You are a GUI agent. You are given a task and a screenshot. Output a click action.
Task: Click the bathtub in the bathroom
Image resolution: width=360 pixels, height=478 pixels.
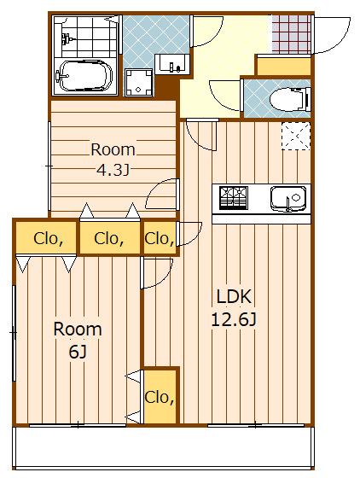tap(84, 76)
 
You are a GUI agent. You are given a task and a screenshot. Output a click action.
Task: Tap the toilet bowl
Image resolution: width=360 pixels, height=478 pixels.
tap(289, 99)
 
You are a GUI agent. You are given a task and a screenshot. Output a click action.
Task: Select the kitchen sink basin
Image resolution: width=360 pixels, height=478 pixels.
tap(287, 198)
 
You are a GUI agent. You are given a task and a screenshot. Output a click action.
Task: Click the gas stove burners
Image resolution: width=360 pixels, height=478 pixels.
tap(234, 198)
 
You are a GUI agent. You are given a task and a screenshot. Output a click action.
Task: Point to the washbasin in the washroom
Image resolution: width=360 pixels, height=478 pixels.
tap(172, 64)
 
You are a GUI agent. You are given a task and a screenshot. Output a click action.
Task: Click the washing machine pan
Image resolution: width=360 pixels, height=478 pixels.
tap(138, 83)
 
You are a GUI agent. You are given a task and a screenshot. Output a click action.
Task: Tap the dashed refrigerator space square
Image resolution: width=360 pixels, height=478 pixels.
tap(296, 136)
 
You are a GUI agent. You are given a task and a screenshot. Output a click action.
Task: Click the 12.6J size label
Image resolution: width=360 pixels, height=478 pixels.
tap(234, 320)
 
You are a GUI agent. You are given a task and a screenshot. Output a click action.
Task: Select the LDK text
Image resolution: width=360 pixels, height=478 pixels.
tap(234, 296)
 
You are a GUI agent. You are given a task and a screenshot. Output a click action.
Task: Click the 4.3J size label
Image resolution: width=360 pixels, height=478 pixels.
tap(113, 170)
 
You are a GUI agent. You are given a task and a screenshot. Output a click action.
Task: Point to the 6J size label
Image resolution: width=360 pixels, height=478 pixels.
tap(78, 352)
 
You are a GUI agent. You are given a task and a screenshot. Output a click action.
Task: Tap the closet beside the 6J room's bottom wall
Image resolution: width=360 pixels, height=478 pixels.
tap(160, 397)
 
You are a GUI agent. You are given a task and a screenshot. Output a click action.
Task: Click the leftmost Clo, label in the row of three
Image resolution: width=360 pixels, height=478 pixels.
tap(49, 239)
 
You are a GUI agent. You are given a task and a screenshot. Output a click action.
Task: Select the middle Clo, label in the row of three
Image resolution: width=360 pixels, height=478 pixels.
tap(109, 239)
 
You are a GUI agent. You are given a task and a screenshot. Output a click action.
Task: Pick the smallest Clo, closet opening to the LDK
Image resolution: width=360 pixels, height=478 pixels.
tap(160, 238)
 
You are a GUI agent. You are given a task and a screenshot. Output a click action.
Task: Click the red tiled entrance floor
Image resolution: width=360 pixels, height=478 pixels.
tap(292, 34)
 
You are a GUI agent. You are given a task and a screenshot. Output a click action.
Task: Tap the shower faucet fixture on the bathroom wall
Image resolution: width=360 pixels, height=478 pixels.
tap(67, 39)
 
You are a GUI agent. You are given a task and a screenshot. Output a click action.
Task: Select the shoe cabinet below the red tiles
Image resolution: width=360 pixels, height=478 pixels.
tap(284, 67)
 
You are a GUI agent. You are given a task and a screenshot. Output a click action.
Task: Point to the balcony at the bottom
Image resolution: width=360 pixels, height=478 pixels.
tap(164, 447)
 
